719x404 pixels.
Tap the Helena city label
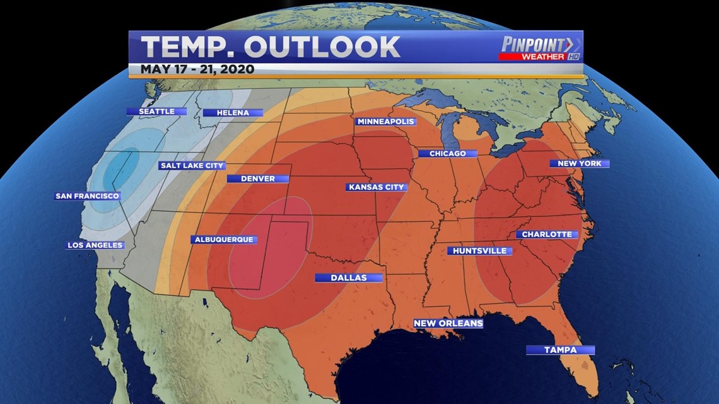[x=225, y=113]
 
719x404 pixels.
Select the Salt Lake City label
[x=192, y=166]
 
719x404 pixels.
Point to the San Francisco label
[x=87, y=196]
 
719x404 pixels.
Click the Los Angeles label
[x=95, y=245]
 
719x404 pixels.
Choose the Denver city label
[x=257, y=178]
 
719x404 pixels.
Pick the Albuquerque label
[x=223, y=240]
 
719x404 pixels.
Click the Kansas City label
[x=376, y=187]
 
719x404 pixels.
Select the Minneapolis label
[x=385, y=122]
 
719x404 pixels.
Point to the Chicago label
[x=447, y=154]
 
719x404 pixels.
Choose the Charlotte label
[x=547, y=234]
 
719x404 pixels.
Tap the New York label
[x=579, y=164]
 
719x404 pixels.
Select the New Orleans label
[x=448, y=323]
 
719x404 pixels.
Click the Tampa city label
[x=560, y=350]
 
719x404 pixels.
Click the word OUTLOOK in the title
[x=322, y=47]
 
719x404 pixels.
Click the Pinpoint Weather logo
[x=540, y=48]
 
